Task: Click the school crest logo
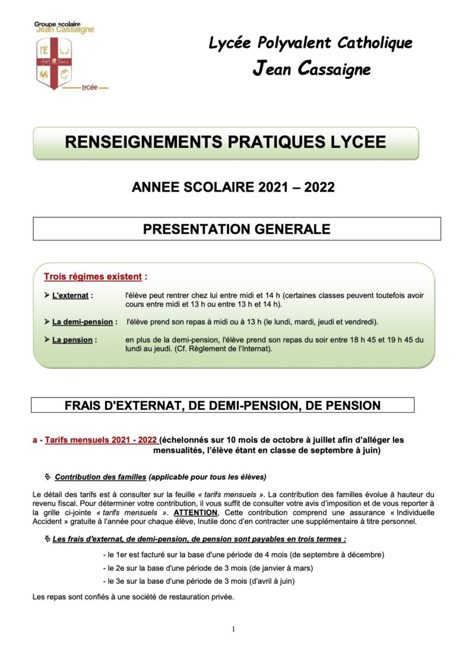(x=55, y=62)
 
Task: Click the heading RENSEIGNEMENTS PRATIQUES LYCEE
(x=225, y=142)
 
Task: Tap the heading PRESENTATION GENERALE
(x=236, y=229)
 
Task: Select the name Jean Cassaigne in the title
(x=311, y=69)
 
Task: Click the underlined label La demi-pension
(x=81, y=322)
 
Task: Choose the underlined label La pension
(x=72, y=340)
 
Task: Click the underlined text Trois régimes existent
(x=93, y=277)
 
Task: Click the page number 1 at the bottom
(x=233, y=629)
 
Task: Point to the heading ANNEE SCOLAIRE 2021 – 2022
(x=233, y=188)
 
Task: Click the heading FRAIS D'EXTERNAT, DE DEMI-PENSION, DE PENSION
(x=222, y=406)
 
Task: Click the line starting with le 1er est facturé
(x=243, y=555)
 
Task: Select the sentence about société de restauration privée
(x=133, y=596)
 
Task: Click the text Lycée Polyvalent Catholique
(x=311, y=43)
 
